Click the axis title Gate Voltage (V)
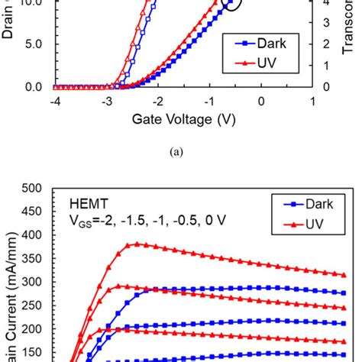point(183,119)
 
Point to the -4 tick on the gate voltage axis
point(56,101)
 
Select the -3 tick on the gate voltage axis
point(107,101)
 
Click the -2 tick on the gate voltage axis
point(158,101)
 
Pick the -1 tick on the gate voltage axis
point(209,101)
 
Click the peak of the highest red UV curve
point(137,244)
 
